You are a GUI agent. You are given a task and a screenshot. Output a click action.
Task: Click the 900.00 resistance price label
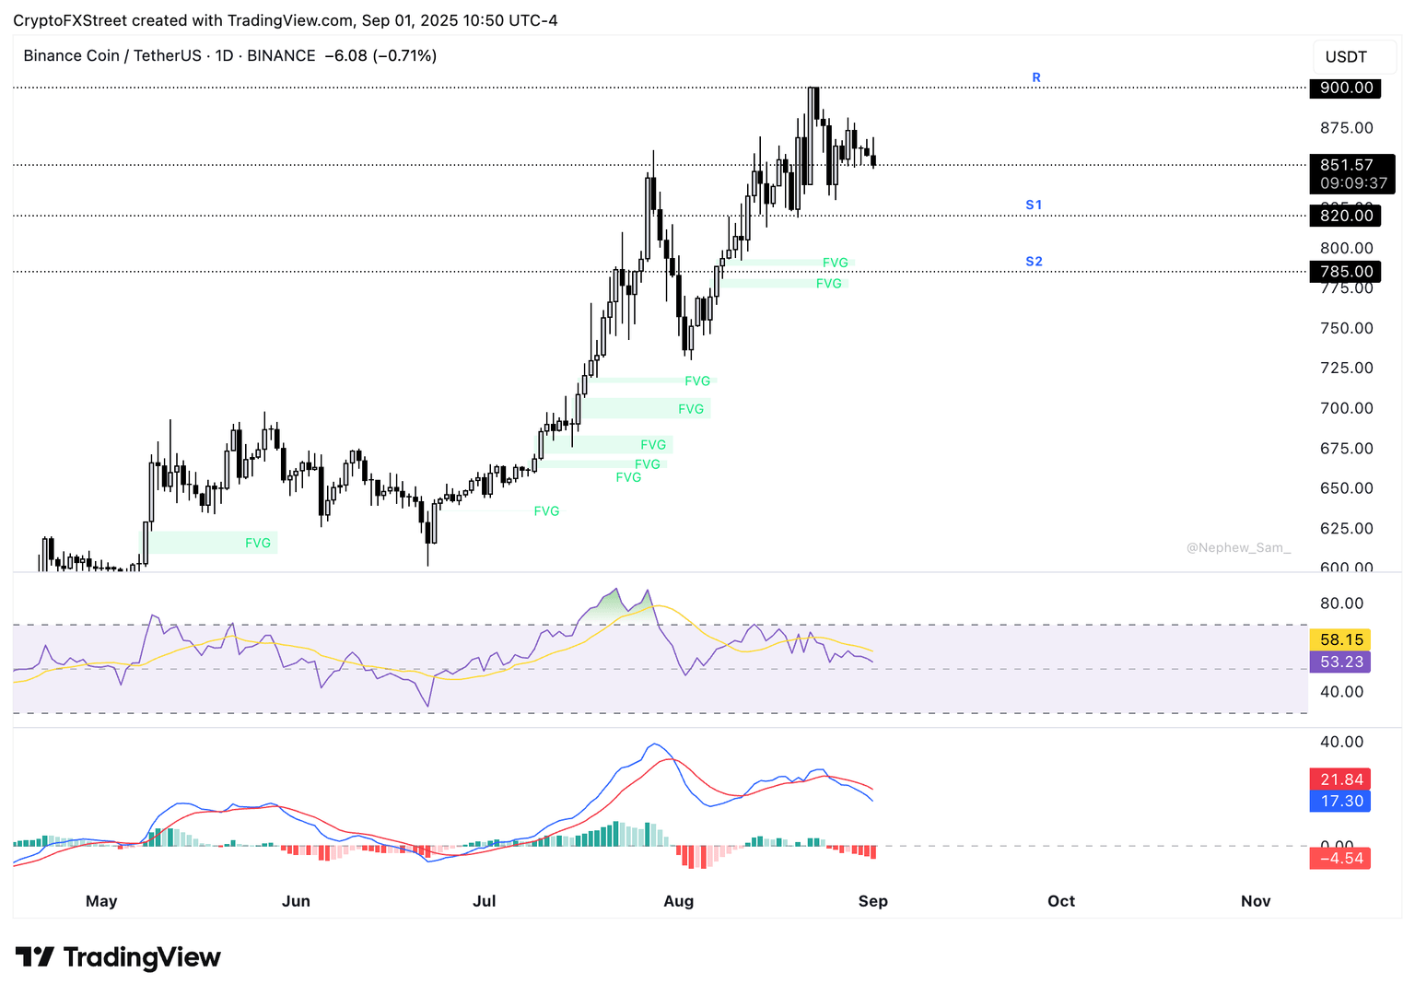[x=1345, y=88]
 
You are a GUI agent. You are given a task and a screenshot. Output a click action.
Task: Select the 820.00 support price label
[x=1345, y=216]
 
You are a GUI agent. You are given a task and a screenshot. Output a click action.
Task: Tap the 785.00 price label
[x=1345, y=272]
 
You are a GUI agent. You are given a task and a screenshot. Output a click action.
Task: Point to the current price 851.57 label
[x=1346, y=165]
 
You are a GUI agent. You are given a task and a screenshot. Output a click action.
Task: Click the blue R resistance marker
[x=1036, y=77]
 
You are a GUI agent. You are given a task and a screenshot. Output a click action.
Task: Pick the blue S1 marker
[x=1034, y=205]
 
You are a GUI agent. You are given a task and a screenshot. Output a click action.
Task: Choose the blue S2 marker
[x=1034, y=262]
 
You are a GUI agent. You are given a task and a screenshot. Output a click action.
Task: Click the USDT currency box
[x=1346, y=57]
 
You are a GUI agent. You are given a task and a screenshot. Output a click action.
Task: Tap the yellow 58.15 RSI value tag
[x=1340, y=639]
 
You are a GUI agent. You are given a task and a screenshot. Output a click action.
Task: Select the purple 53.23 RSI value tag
[x=1340, y=662]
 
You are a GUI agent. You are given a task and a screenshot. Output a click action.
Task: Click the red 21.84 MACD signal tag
[x=1340, y=779]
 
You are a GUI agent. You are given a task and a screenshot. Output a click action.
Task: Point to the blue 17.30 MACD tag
[x=1340, y=802]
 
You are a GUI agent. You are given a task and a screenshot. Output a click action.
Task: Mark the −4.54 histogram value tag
[x=1340, y=859]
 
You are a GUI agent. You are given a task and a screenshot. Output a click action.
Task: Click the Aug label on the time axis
[x=678, y=901]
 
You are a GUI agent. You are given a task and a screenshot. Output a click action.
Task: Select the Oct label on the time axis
[x=1061, y=901]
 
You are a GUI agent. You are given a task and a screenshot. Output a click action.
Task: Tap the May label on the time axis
[x=101, y=901]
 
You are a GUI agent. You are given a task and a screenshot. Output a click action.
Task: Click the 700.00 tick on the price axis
[x=1346, y=408]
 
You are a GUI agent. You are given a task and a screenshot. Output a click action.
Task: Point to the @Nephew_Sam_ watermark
[x=1238, y=547]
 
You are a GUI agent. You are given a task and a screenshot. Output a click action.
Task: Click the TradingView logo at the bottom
[x=118, y=957]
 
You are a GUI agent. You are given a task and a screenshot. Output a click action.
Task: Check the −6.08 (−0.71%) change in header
[x=381, y=56]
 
